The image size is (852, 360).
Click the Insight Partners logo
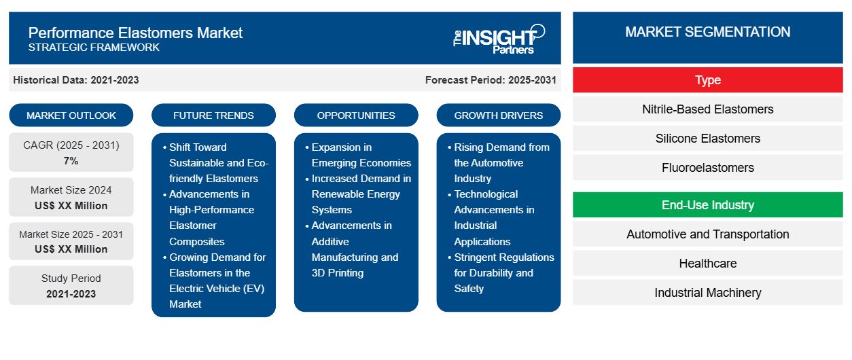[499, 38]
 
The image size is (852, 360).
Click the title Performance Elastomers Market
[135, 33]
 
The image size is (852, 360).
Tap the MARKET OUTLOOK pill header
[71, 115]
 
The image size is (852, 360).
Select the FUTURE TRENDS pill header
[213, 115]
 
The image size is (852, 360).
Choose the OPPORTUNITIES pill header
[356, 115]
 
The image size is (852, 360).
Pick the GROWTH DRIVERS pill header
[499, 115]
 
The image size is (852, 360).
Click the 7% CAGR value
[71, 161]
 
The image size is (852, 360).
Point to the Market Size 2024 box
[71, 198]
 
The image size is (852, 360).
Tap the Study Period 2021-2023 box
[71, 286]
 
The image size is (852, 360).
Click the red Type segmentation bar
[707, 80]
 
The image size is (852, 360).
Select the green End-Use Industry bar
[707, 205]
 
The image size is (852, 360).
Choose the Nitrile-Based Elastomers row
[707, 109]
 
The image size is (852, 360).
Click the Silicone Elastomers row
[707, 139]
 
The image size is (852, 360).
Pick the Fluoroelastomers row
[707, 168]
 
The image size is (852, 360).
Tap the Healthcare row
[707, 264]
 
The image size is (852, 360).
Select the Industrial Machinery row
[707, 293]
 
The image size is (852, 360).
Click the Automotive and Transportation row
[707, 234]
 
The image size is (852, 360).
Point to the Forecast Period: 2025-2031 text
[491, 80]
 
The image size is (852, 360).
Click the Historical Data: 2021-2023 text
[76, 80]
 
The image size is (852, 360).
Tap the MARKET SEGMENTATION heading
[707, 32]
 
